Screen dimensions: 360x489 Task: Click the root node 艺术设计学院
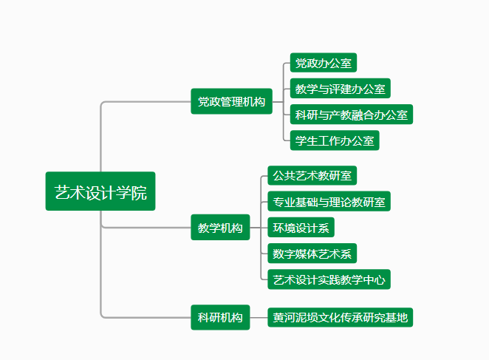point(100,192)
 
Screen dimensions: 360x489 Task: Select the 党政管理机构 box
point(231,101)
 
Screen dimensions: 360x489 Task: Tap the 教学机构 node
point(220,228)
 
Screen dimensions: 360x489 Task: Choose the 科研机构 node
point(220,318)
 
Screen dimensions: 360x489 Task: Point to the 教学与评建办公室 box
point(340,89)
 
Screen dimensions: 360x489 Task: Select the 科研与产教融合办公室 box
point(351,115)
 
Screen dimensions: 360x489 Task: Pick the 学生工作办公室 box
point(335,140)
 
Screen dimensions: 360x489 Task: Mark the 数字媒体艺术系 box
point(312,254)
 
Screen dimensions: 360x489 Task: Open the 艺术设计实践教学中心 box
point(328,279)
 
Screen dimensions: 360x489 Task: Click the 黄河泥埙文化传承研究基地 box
point(339,318)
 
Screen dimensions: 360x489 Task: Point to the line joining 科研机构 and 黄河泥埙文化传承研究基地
point(258,318)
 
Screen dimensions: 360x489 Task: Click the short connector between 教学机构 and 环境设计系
point(257,228)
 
